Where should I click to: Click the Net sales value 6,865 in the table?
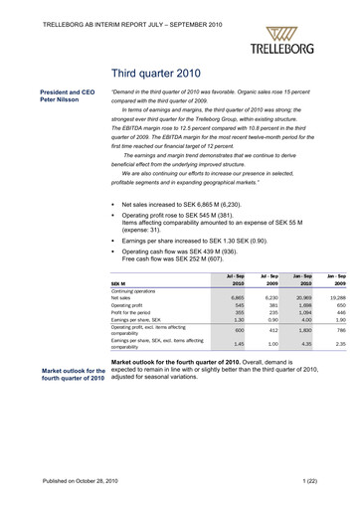click(235, 297)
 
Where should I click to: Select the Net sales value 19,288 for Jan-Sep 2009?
click(335, 297)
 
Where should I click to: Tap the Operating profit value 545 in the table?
click(237, 305)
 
